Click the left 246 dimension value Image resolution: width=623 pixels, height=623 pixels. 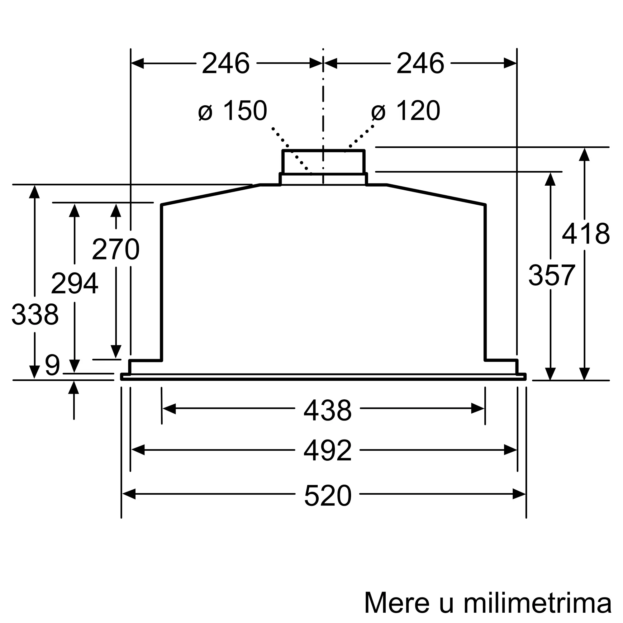tap(226, 64)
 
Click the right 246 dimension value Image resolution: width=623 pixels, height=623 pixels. tap(421, 64)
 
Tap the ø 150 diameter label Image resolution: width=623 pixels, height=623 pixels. tap(233, 111)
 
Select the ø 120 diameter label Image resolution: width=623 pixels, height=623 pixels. tap(406, 111)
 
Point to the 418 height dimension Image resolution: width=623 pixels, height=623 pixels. tap(586, 234)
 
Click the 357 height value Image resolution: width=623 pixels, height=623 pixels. tap(552, 275)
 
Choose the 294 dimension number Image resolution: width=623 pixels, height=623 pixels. tap(74, 283)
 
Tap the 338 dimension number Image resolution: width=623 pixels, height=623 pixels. tap(35, 314)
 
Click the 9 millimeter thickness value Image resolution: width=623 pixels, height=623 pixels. tap(52, 365)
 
